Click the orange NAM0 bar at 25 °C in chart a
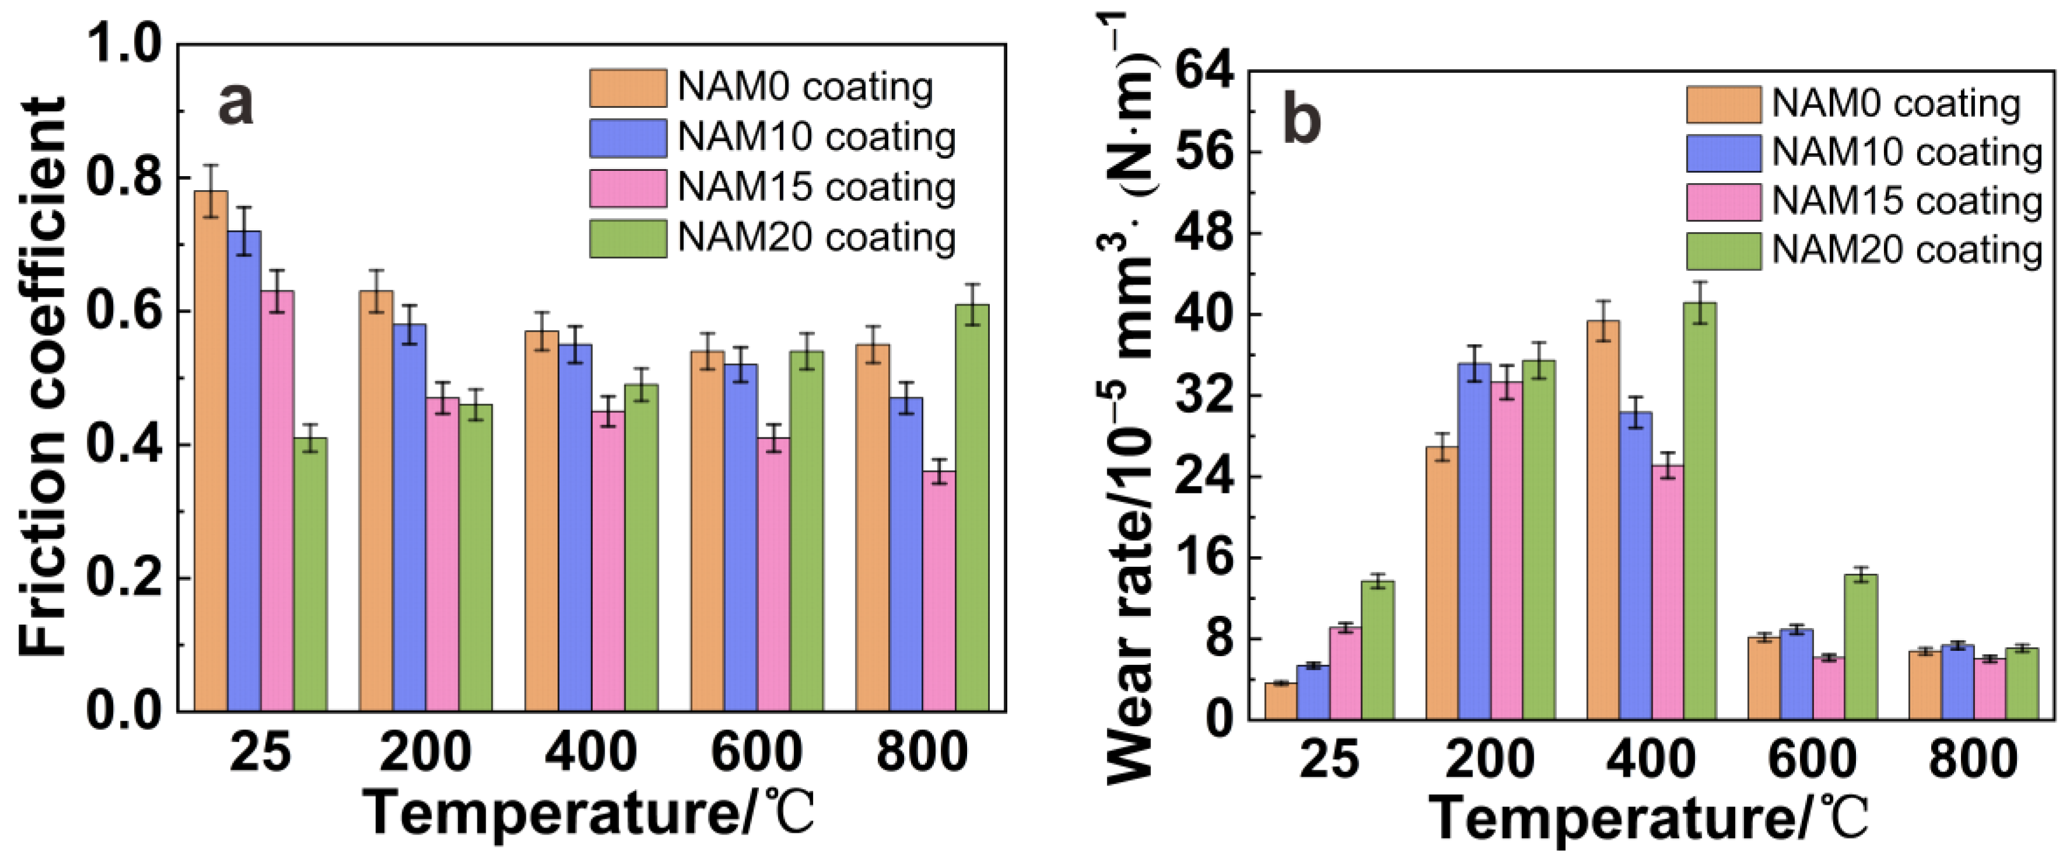(211, 450)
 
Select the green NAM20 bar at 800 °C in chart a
(972, 506)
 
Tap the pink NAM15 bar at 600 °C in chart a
(774, 574)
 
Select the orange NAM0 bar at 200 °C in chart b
(1442, 582)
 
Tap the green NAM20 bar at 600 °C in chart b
(1861, 646)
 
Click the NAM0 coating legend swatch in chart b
(1722, 105)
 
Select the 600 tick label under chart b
(1812, 759)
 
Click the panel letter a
(235, 104)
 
